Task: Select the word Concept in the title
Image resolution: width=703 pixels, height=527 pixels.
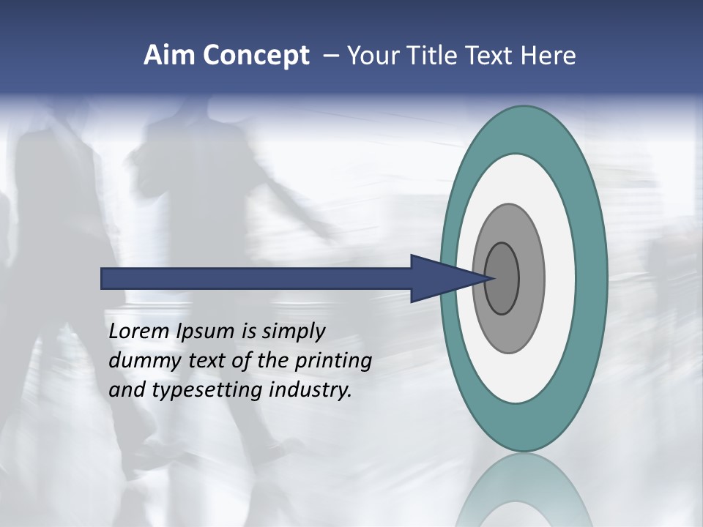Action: tap(256, 56)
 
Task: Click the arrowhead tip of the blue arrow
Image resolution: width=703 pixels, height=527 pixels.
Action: tap(492, 278)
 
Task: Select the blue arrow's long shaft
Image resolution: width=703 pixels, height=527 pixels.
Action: tap(256, 278)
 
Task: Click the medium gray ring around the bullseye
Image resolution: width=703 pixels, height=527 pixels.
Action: tap(531, 278)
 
